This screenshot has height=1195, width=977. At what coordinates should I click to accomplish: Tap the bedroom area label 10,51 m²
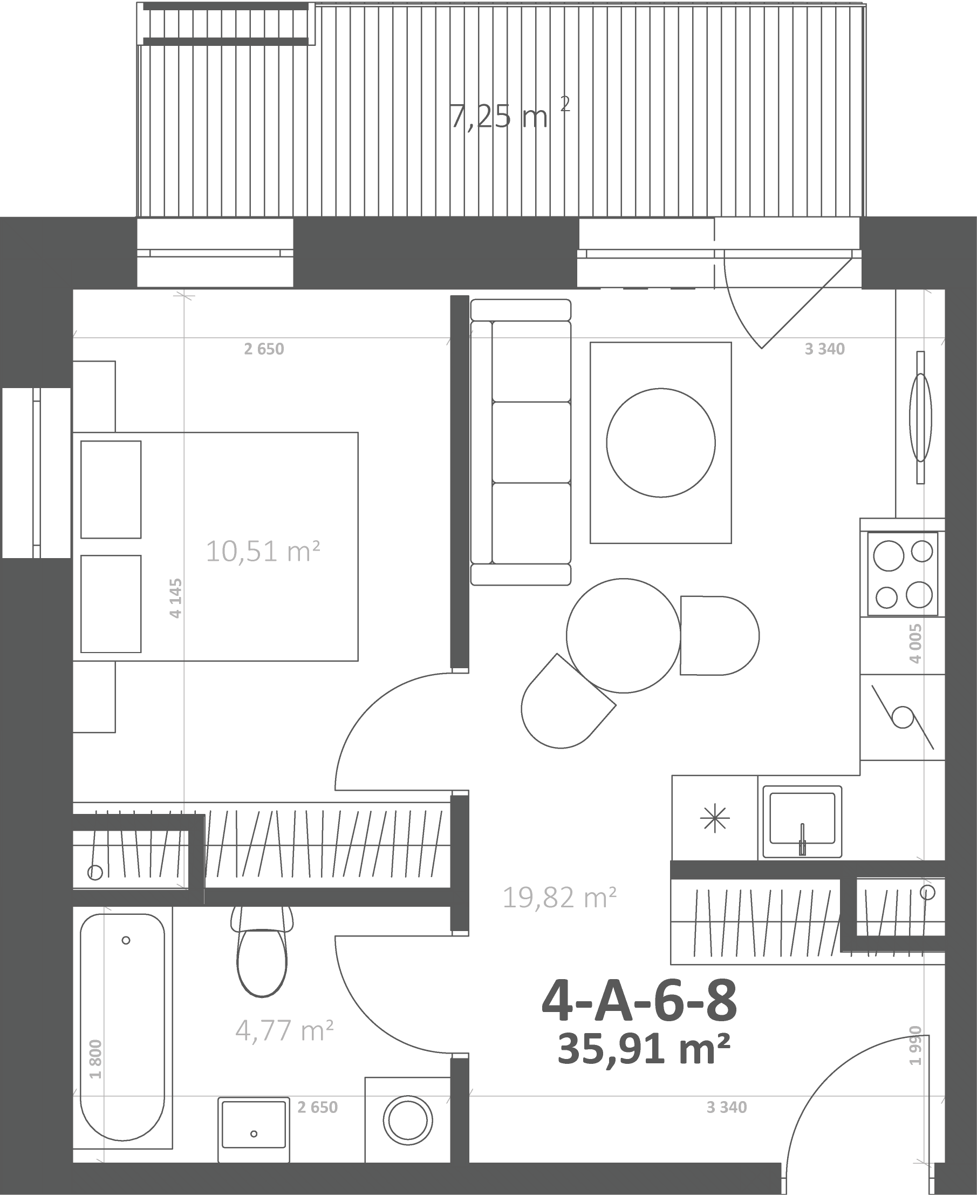(x=263, y=551)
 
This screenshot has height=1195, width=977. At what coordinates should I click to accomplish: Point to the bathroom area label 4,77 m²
(x=285, y=1030)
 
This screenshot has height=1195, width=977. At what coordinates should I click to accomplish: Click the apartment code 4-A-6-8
(x=639, y=1003)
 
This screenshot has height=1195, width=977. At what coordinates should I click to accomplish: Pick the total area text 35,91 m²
(x=644, y=1049)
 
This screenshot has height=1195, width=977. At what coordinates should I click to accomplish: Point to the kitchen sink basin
(x=802, y=818)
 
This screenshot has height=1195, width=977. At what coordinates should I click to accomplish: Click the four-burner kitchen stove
(x=903, y=574)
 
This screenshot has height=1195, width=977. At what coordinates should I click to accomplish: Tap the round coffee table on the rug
(x=661, y=443)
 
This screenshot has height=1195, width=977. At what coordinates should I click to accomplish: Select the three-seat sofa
(x=521, y=442)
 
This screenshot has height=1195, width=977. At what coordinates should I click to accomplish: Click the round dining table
(x=624, y=635)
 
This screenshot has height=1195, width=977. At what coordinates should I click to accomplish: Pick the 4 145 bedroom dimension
(x=176, y=598)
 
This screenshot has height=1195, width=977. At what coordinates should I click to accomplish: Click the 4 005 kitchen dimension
(x=915, y=643)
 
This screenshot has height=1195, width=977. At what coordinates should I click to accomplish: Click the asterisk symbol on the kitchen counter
(x=715, y=818)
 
